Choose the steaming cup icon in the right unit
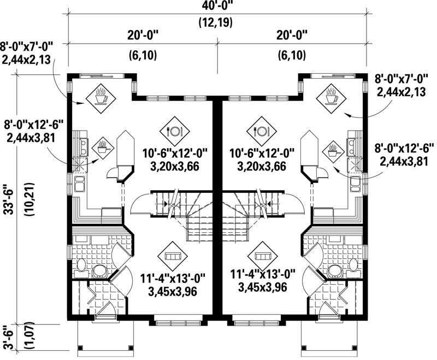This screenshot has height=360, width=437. (332, 97)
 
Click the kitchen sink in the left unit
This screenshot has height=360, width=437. (83, 146)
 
